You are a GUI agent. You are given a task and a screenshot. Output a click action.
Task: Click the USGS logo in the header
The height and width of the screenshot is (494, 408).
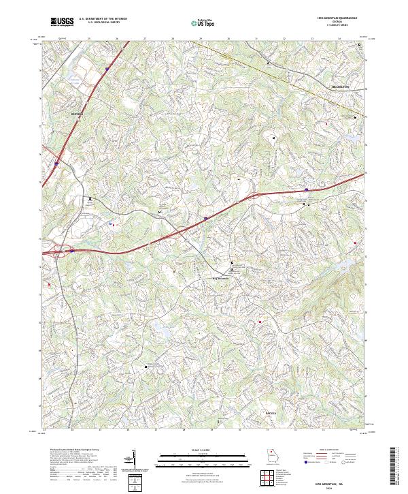coord(63,22)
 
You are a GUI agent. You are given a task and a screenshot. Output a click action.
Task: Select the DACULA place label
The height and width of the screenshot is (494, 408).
coord(271,414)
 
